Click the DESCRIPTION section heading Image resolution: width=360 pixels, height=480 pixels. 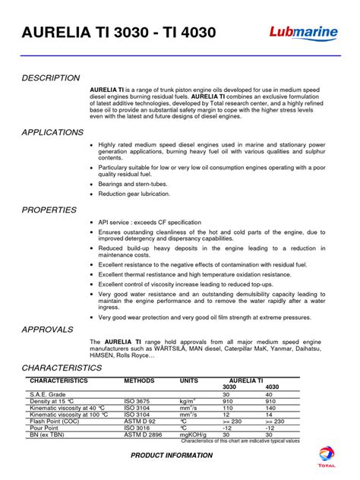pos(51,78)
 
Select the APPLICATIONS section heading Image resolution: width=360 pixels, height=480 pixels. pos(52,132)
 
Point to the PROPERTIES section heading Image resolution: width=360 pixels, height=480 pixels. pos(49,210)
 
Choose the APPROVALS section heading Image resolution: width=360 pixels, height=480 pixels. pos(48,330)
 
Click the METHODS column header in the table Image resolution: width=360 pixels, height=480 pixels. pos(139,380)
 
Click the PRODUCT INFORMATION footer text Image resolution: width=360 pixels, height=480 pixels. pos(172,455)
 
